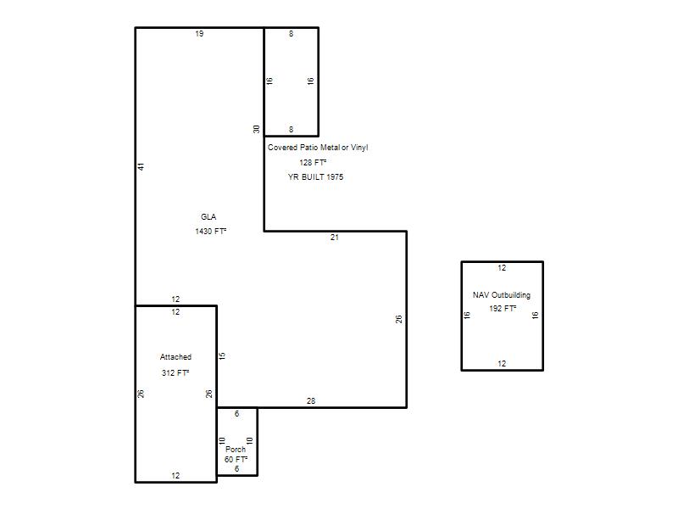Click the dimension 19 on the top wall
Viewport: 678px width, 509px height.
(199, 34)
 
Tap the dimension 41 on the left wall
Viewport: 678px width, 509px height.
(141, 166)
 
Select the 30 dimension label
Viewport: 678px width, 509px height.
(257, 129)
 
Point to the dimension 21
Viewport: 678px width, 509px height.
(335, 238)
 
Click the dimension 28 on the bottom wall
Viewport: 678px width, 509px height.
(311, 401)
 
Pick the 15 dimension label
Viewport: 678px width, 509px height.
(222, 355)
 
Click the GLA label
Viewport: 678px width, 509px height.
(208, 217)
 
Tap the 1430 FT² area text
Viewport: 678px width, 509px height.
(210, 231)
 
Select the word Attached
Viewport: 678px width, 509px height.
(175, 357)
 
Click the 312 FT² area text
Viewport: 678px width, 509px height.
(175, 372)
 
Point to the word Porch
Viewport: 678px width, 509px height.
(236, 450)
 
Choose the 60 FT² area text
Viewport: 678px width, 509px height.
(236, 459)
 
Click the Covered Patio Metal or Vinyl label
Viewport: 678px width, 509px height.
(318, 148)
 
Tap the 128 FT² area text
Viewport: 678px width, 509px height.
(313, 162)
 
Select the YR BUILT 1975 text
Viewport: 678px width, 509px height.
(315, 177)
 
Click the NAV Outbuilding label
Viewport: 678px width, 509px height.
(502, 295)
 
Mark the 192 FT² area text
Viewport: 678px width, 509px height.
(503, 309)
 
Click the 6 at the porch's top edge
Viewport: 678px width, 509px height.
(237, 414)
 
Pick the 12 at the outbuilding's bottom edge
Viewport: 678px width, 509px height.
(502, 364)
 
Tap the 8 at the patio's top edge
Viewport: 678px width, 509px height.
(291, 34)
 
